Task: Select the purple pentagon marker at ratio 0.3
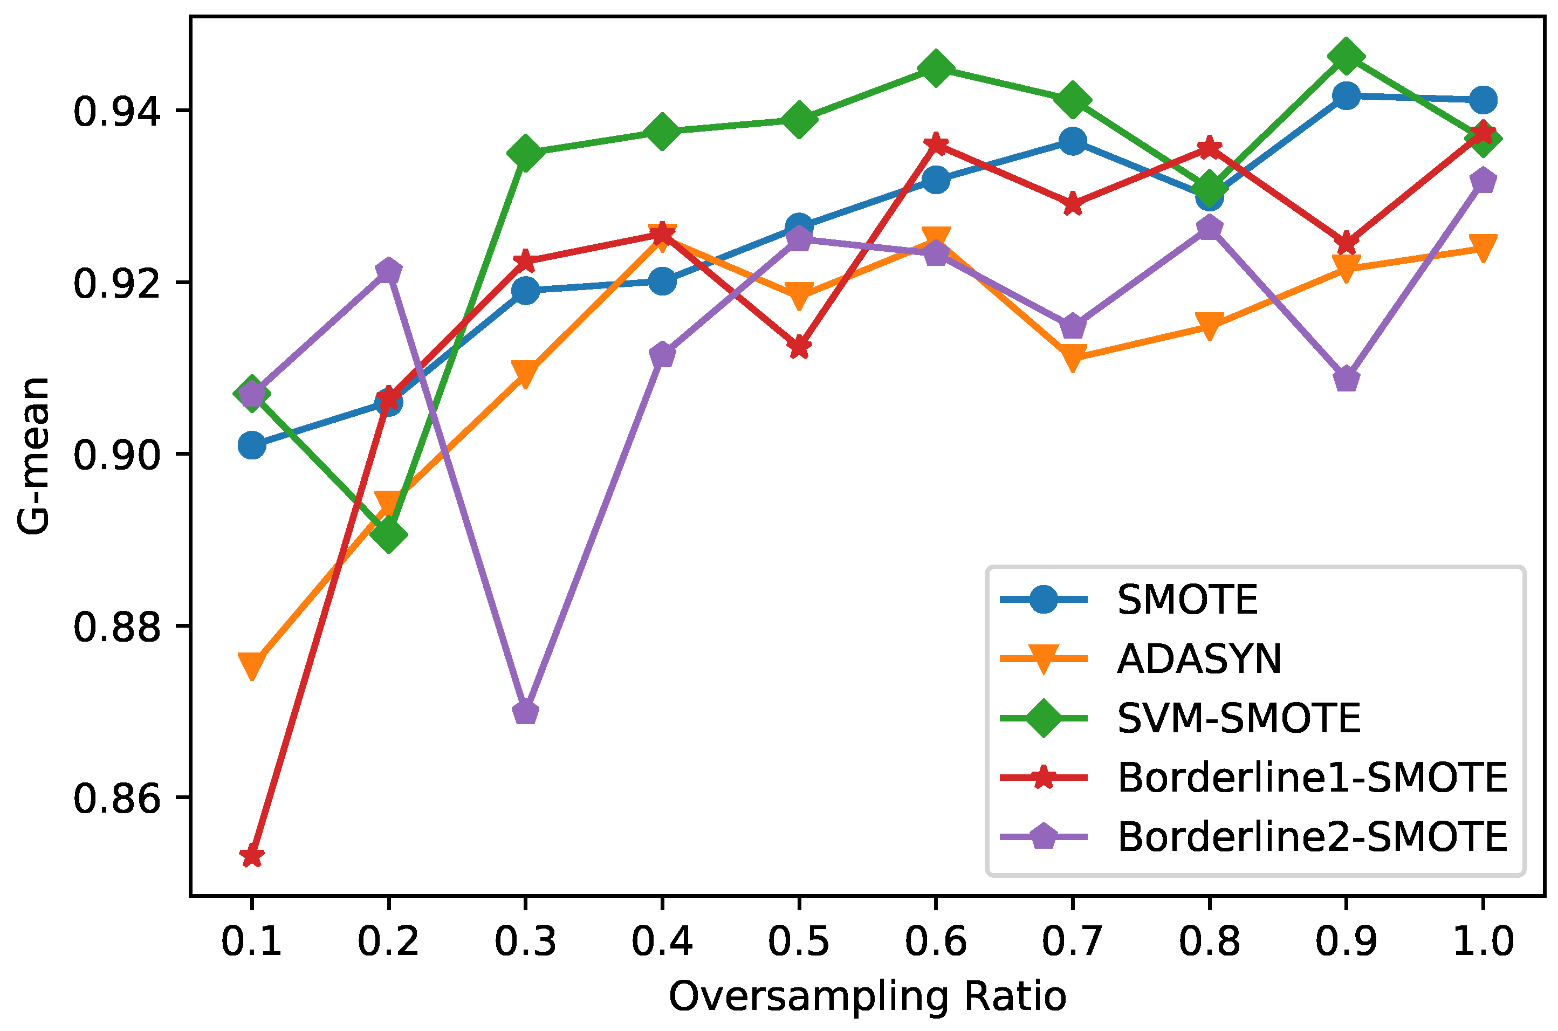(x=525, y=712)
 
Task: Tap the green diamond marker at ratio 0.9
(x=1346, y=57)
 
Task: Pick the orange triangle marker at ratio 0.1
(x=252, y=665)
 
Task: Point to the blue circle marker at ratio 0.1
(x=252, y=445)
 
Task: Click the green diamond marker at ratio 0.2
(x=389, y=534)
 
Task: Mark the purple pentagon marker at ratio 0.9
(x=1346, y=380)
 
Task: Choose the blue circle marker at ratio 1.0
(x=1483, y=100)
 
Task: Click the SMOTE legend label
(x=1187, y=600)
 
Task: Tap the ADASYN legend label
(x=1199, y=659)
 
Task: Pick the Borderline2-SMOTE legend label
(x=1312, y=837)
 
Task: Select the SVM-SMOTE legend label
(x=1238, y=718)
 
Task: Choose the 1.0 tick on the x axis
(x=1483, y=941)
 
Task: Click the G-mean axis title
(x=33, y=456)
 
